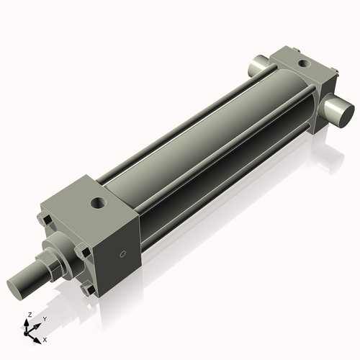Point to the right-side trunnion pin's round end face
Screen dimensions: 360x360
click(x=342, y=111)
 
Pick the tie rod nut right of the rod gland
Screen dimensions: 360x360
click(x=83, y=253)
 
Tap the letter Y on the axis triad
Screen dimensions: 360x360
click(x=44, y=318)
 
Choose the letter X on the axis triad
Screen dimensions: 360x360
click(x=45, y=338)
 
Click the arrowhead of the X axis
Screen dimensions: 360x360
click(x=38, y=336)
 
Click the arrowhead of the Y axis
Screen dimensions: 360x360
click(x=37, y=325)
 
